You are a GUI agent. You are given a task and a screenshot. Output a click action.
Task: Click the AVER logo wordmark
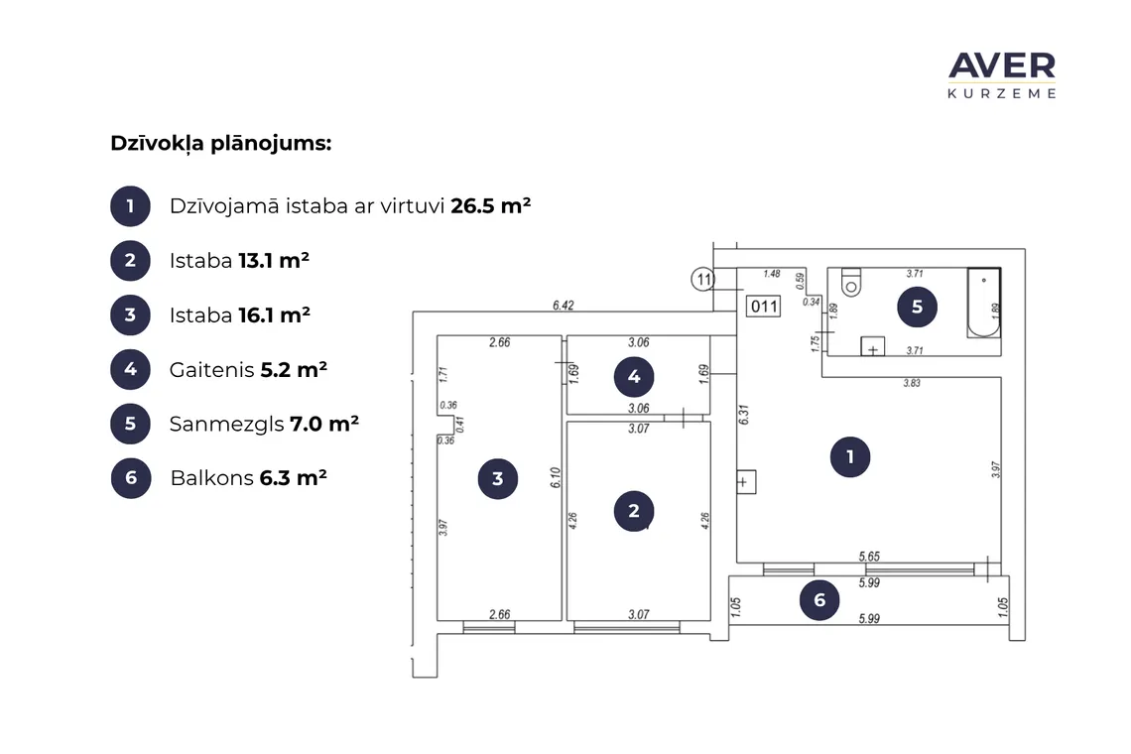pyautogui.click(x=1002, y=65)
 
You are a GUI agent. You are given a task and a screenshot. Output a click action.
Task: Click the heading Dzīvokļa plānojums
pyautogui.click(x=220, y=144)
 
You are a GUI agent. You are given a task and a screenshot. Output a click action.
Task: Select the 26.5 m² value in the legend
pyautogui.click(x=490, y=205)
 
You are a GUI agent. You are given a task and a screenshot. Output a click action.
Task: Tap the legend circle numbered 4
pyautogui.click(x=131, y=369)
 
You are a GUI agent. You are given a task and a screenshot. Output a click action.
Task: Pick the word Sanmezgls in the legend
pyautogui.click(x=226, y=425)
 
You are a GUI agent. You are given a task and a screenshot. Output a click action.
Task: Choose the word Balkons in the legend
pyautogui.click(x=212, y=477)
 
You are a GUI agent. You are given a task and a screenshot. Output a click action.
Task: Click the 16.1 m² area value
pyautogui.click(x=274, y=315)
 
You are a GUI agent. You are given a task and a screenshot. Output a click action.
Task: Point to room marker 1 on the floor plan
pyautogui.click(x=849, y=456)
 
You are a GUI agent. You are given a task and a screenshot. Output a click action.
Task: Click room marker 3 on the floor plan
pyautogui.click(x=498, y=478)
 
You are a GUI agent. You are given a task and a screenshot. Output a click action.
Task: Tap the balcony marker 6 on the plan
pyautogui.click(x=819, y=599)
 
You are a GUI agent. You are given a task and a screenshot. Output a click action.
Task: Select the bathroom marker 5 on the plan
pyautogui.click(x=917, y=307)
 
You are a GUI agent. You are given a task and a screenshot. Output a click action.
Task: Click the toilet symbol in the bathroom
pyautogui.click(x=851, y=283)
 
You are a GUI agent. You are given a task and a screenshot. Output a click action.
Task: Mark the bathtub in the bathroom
pyautogui.click(x=984, y=303)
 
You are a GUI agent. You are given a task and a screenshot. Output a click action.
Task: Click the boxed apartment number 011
pyautogui.click(x=764, y=306)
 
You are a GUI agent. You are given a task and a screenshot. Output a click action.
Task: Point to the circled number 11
pyautogui.click(x=703, y=279)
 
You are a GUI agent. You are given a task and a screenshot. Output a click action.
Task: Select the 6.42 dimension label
pyautogui.click(x=564, y=306)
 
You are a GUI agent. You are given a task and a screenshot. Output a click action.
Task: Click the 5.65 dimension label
pyautogui.click(x=869, y=557)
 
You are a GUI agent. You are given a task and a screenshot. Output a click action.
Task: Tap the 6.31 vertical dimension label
pyautogui.click(x=744, y=415)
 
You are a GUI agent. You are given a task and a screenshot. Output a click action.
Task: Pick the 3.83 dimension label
pyautogui.click(x=912, y=383)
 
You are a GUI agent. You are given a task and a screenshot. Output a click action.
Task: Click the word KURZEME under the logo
pyautogui.click(x=1002, y=94)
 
